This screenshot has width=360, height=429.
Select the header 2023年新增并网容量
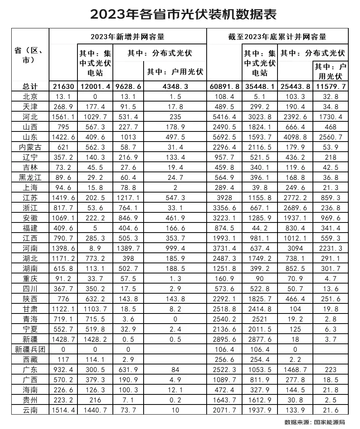point(127,37)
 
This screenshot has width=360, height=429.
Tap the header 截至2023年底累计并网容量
point(277,37)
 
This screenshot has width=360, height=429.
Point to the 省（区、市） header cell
point(30,56)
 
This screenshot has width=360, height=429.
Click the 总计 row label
point(30,86)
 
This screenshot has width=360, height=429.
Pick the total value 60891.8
point(224,86)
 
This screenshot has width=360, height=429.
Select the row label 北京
point(30,96)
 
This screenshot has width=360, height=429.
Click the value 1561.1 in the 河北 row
point(63,117)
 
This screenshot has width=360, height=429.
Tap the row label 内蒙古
point(30,147)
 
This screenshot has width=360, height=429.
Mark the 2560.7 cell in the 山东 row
point(330,137)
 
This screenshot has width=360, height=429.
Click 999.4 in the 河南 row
point(175,248)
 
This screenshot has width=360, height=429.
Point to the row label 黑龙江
point(30,177)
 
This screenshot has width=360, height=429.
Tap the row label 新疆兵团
point(30,349)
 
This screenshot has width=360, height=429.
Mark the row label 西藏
point(30,359)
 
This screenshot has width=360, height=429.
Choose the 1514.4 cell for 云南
point(63,410)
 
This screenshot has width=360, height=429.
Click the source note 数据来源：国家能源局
point(315,422)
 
